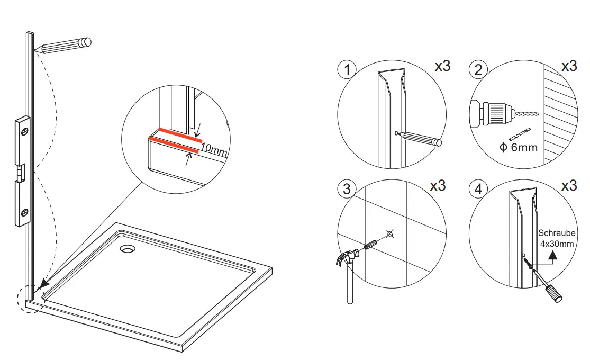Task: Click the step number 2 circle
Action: (478, 70)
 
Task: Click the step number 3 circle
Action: (347, 189)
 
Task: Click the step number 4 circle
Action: (479, 189)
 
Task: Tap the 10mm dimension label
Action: (214, 151)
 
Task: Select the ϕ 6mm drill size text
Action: (518, 147)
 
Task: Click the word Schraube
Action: (557, 233)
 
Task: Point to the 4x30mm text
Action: (557, 244)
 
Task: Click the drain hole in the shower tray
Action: (128, 248)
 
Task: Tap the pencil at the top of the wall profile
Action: (63, 46)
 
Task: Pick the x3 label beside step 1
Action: (442, 67)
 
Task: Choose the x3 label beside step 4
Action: (569, 186)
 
